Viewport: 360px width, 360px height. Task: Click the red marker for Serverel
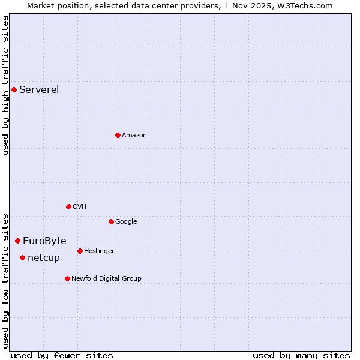click(x=14, y=90)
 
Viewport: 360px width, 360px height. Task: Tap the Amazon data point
click(x=118, y=136)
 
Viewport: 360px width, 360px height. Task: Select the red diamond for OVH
click(x=68, y=207)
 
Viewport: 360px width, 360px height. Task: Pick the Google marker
click(x=111, y=222)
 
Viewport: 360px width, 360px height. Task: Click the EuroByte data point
click(x=17, y=241)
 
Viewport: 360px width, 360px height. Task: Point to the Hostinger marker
click(x=80, y=251)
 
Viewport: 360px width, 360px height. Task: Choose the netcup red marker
click(x=22, y=258)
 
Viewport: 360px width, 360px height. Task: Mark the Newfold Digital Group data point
click(x=67, y=279)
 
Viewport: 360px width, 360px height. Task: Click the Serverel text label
click(x=39, y=90)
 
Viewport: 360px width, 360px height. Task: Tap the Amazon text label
click(x=134, y=136)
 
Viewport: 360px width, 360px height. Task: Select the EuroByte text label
click(x=44, y=241)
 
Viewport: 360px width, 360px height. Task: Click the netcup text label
click(x=44, y=258)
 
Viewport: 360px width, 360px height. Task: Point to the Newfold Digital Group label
click(x=106, y=279)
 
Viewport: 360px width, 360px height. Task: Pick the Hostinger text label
click(x=99, y=251)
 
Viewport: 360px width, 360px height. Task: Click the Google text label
click(x=126, y=222)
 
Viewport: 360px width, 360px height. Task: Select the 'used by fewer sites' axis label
click(x=62, y=355)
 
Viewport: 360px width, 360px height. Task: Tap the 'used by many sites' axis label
click(x=301, y=355)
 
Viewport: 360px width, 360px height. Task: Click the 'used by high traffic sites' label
click(x=5, y=85)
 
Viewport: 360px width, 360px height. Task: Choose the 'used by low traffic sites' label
click(x=5, y=280)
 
